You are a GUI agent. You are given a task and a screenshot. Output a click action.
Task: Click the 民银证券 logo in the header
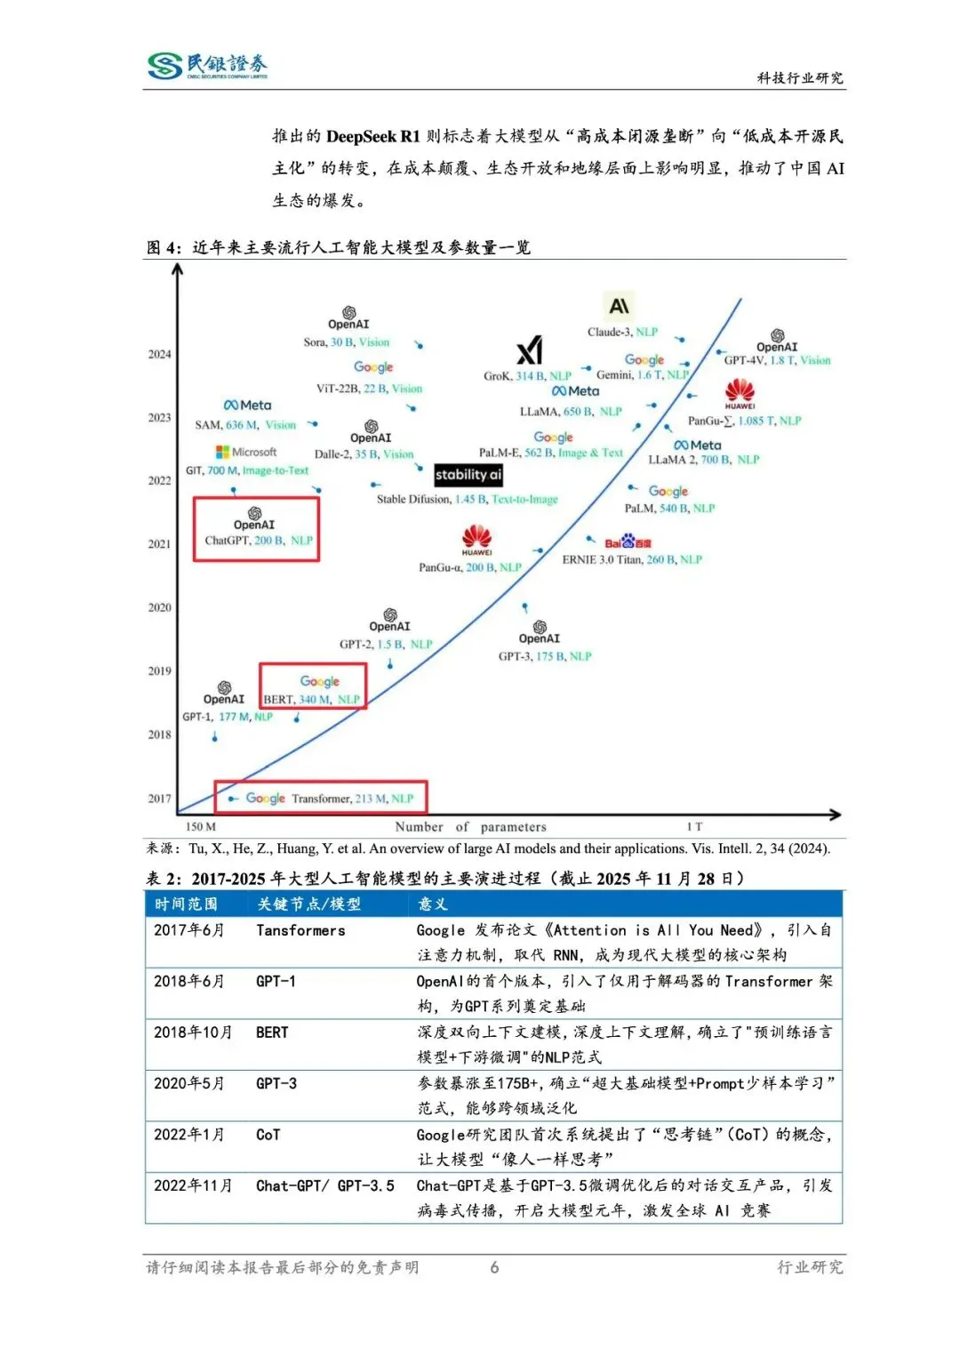coord(207,66)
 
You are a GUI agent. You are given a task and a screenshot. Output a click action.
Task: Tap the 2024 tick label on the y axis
coord(159,354)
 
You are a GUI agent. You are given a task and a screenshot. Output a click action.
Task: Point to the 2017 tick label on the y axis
coord(159,799)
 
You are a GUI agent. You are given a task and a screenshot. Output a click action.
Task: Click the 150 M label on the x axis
coord(201,827)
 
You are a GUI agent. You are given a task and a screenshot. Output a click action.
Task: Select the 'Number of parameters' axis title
coord(470,827)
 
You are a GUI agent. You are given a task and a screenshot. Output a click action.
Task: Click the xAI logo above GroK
coord(530,350)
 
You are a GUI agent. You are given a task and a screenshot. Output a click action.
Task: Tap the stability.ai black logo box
coord(468,475)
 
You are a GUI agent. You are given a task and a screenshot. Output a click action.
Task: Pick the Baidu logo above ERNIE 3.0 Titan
coord(628,542)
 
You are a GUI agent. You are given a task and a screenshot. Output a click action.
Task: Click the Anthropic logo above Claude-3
coord(619,307)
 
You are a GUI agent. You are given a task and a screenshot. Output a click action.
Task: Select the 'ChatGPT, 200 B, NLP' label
coord(259,541)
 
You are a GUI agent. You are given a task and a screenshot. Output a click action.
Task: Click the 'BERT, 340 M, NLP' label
coord(312,700)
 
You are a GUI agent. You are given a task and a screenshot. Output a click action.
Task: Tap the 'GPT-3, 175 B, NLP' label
coord(544,656)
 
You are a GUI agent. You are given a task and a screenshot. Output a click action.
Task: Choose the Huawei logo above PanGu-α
coord(477,539)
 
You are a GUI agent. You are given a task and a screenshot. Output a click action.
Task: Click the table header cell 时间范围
coord(186,904)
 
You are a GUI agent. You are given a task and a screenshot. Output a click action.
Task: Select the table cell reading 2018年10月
coord(193,1033)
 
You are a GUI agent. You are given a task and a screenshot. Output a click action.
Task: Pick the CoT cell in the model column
coord(268,1135)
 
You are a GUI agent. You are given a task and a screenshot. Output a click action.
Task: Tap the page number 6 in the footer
coord(494,1267)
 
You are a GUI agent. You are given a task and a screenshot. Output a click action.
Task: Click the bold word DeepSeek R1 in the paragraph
coord(372,136)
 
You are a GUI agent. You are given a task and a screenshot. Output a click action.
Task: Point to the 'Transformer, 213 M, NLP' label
coord(352,799)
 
